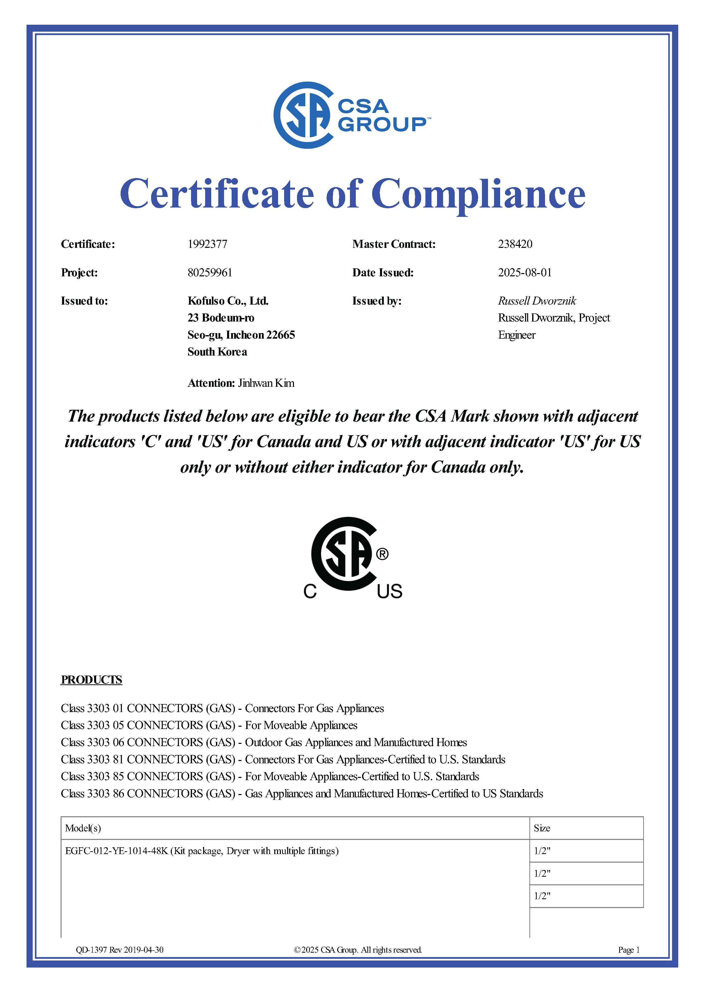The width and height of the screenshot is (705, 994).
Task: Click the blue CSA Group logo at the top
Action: tap(352, 115)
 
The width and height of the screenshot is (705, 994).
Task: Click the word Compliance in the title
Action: tap(478, 194)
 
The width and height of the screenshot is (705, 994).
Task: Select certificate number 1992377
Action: tap(207, 244)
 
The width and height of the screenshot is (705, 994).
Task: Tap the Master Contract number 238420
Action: tap(515, 244)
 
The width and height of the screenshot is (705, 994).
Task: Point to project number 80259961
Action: tap(210, 273)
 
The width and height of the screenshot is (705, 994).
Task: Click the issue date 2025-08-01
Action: tap(524, 273)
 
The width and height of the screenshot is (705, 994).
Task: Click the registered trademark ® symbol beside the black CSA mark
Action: tap(382, 554)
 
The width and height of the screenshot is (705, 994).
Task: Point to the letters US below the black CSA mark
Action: tap(389, 591)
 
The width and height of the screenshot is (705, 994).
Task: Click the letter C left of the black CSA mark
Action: tap(310, 591)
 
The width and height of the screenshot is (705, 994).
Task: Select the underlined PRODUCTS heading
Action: tap(91, 680)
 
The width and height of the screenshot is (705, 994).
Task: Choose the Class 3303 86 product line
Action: tap(302, 794)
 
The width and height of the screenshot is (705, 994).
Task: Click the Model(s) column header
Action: tap(83, 828)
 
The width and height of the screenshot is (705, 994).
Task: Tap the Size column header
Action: tap(542, 828)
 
